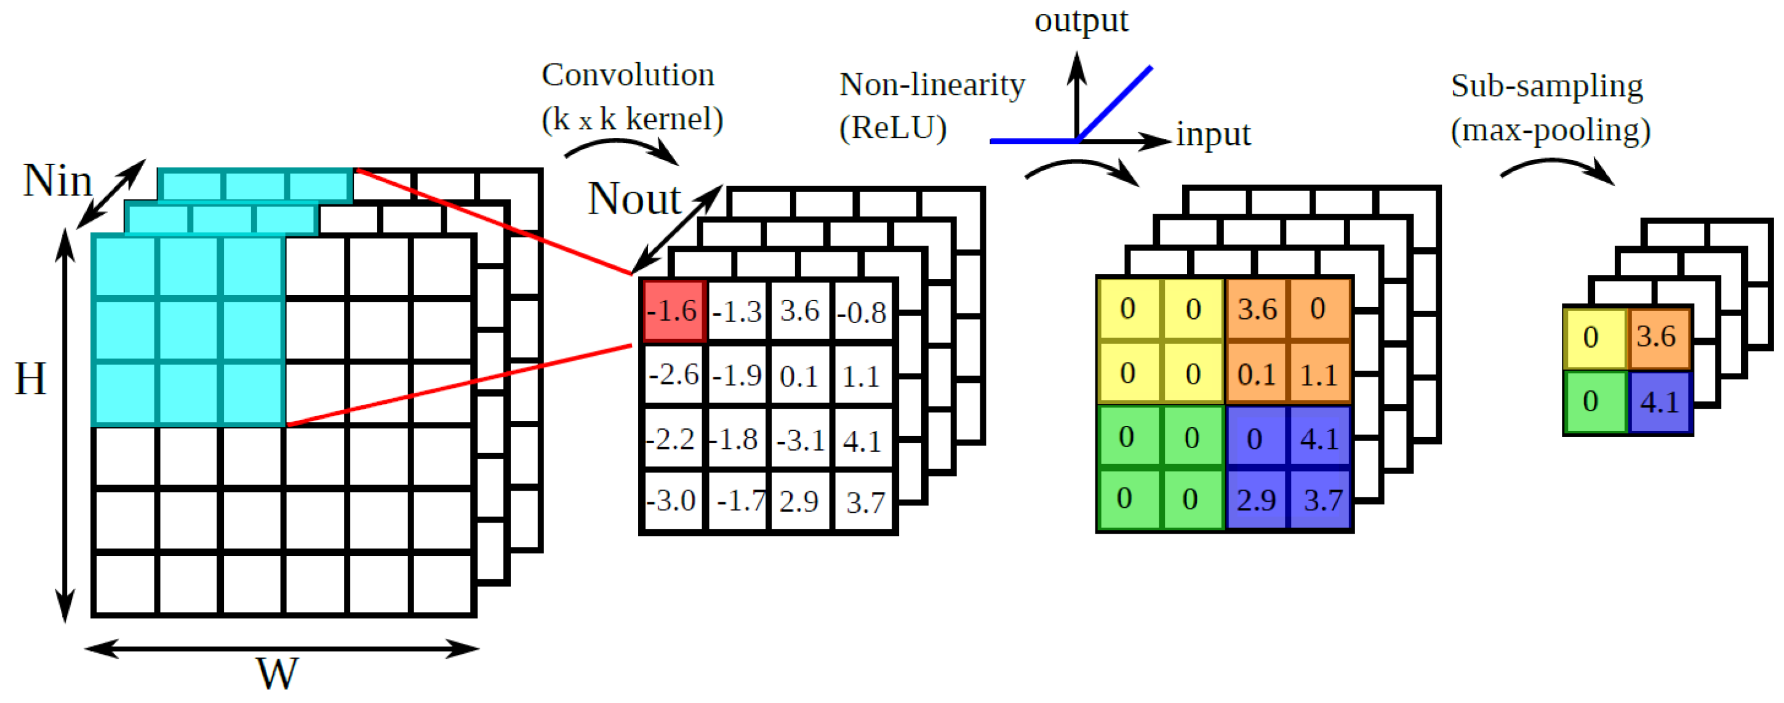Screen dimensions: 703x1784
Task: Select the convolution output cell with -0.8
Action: (x=863, y=311)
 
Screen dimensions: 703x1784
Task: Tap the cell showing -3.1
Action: (x=801, y=440)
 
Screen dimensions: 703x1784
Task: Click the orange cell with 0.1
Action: (x=1256, y=374)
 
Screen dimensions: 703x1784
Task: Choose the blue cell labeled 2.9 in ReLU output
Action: (x=1256, y=499)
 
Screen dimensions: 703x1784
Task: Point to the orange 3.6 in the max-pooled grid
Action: (x=1657, y=337)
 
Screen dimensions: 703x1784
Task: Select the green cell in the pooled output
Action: (x=1595, y=402)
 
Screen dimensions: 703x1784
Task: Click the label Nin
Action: (x=57, y=181)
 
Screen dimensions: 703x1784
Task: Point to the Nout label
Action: (x=634, y=199)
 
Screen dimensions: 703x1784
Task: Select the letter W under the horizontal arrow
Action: (x=277, y=673)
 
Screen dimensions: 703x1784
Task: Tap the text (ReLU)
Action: (x=893, y=128)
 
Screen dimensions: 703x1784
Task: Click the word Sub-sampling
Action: (x=1546, y=86)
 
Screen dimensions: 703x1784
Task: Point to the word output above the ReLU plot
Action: (x=1081, y=21)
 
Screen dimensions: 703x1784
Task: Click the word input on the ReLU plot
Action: (x=1214, y=134)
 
